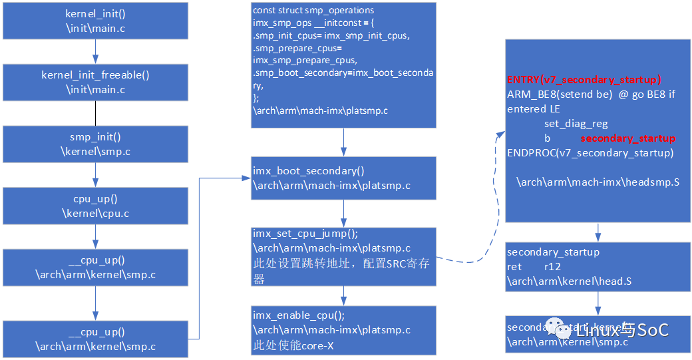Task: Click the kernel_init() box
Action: (95, 21)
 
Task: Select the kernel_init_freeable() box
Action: (95, 82)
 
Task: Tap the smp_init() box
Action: (95, 144)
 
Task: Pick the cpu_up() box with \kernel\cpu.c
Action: (95, 206)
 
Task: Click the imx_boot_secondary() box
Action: (343, 178)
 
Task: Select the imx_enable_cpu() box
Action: (343, 330)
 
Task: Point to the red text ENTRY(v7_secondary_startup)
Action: (584, 79)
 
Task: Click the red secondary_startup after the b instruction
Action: (627, 138)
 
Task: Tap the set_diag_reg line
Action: (576, 124)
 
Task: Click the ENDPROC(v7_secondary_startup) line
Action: (590, 153)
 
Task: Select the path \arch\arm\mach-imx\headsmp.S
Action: (598, 182)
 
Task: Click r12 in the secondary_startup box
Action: (552, 266)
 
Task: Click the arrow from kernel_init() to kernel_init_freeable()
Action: (95, 51)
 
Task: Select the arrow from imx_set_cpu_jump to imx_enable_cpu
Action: (343, 295)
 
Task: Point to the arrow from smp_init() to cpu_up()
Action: (95, 175)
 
